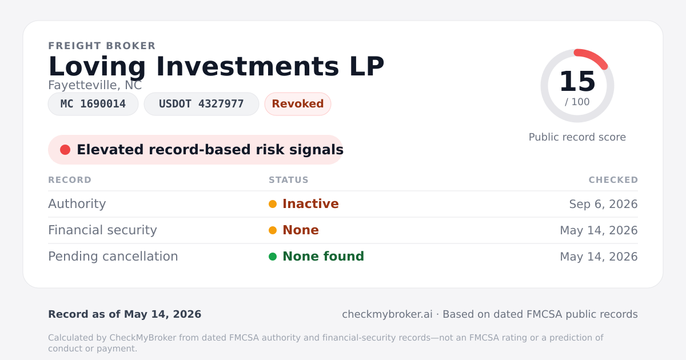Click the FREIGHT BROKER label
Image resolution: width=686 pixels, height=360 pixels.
click(102, 46)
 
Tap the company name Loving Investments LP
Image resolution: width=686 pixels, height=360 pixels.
click(216, 66)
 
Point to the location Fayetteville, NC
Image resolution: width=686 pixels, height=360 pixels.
click(95, 85)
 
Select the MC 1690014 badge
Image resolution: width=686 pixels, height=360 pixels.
click(93, 104)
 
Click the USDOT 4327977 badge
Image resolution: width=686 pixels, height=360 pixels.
click(201, 104)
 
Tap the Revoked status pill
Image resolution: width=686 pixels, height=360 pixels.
click(298, 104)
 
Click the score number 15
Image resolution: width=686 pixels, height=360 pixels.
click(577, 81)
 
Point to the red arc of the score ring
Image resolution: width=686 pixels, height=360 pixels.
click(593, 57)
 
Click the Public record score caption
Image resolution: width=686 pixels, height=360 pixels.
click(577, 137)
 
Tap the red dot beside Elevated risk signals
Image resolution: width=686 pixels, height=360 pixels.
click(65, 150)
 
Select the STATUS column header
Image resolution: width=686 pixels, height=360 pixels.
click(289, 180)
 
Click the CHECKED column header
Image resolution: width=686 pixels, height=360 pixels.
click(613, 180)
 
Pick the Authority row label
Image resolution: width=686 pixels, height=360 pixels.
click(77, 204)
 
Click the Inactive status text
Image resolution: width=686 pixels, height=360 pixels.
click(310, 204)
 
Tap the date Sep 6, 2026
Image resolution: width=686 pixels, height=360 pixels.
click(603, 204)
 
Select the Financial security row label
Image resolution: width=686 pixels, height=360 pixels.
click(102, 230)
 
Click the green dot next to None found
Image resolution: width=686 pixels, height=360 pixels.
click(273, 257)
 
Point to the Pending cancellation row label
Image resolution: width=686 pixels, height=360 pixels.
click(113, 257)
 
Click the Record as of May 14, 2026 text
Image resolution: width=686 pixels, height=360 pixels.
click(125, 314)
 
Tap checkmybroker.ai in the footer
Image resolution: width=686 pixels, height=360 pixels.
click(387, 314)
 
